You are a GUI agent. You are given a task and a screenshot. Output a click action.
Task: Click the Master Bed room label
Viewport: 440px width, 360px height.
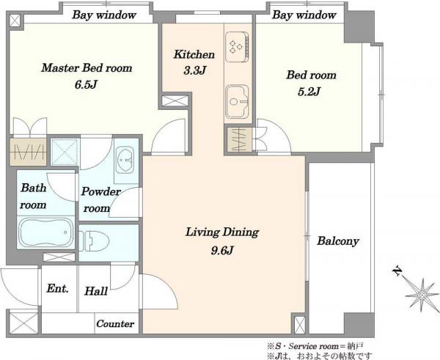click(x=87, y=68)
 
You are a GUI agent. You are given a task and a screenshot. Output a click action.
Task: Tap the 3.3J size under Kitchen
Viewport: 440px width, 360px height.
click(x=195, y=70)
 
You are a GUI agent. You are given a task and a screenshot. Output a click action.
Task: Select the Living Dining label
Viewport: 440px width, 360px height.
click(x=222, y=232)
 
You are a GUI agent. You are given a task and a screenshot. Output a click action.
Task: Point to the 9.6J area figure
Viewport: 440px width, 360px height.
click(x=222, y=251)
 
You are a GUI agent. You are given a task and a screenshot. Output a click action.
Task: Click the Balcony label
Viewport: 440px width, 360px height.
click(x=338, y=241)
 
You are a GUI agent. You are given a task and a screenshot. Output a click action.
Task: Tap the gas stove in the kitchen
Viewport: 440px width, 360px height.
click(x=237, y=47)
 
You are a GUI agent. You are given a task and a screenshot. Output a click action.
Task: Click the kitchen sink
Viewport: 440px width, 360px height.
click(x=237, y=101)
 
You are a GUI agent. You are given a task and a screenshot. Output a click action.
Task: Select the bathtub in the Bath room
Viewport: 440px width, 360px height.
click(x=45, y=232)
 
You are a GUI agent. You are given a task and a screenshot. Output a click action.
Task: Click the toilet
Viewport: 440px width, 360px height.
click(x=94, y=240)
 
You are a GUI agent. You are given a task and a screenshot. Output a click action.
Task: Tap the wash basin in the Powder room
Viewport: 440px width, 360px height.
click(x=125, y=160)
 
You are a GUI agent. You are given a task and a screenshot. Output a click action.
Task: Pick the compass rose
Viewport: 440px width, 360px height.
click(x=421, y=295)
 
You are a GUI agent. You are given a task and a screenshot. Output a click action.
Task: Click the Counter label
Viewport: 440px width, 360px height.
click(x=115, y=324)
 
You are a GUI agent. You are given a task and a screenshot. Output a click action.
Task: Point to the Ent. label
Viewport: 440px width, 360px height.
click(x=57, y=289)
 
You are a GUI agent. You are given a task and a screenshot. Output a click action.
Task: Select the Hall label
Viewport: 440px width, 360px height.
click(x=96, y=291)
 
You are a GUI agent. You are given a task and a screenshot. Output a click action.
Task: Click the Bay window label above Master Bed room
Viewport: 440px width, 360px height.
click(x=104, y=15)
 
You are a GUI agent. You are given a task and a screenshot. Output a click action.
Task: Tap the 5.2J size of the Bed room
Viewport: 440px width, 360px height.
click(x=309, y=92)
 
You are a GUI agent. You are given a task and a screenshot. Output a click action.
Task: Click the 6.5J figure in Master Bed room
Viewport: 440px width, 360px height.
click(x=86, y=85)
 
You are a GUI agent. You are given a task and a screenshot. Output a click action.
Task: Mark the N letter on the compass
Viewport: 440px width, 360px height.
click(x=397, y=271)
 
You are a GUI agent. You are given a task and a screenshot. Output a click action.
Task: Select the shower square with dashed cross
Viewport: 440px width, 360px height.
click(x=65, y=152)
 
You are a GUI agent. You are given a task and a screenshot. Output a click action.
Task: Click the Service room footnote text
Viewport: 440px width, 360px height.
click(x=316, y=346)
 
